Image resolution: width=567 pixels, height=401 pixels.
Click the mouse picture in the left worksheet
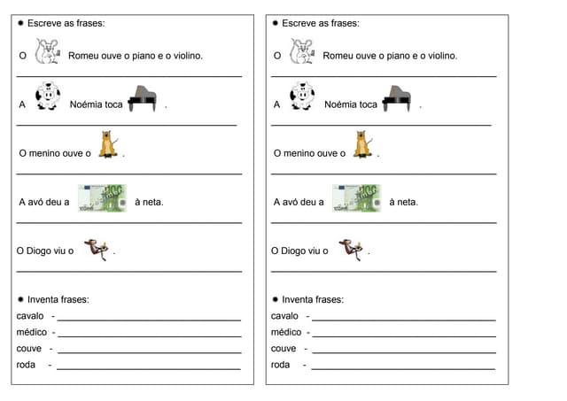[47, 54]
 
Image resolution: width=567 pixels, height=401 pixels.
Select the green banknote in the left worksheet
[102, 198]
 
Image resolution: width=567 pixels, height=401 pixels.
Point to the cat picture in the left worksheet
[108, 145]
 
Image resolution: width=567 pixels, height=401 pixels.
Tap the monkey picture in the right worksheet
[350, 250]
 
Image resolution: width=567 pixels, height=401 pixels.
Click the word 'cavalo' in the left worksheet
[31, 316]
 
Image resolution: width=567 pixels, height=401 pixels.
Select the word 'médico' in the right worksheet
[286, 333]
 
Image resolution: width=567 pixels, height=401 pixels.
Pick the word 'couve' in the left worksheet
[29, 349]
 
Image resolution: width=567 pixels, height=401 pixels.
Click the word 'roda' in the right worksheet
[281, 365]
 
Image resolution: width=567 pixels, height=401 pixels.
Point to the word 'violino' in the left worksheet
[183, 56]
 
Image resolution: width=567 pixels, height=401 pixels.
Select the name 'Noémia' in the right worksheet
[340, 104]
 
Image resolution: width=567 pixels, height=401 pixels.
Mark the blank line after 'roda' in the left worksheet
[148, 368]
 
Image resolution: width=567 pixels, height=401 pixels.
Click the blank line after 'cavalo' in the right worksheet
[403, 320]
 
